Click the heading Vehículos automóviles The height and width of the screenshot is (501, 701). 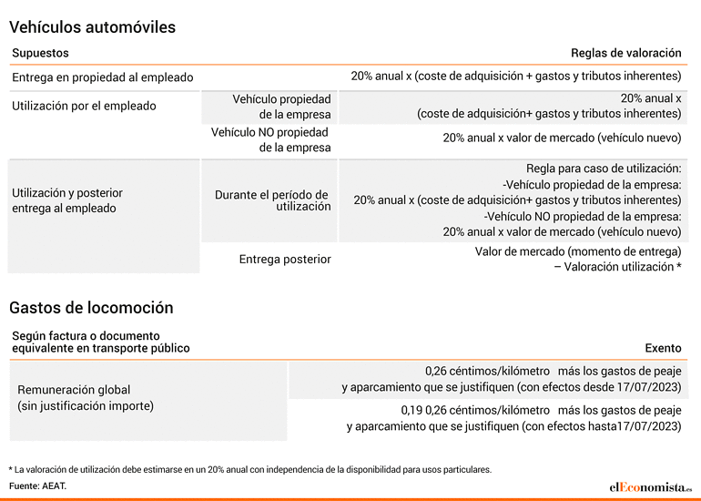point(92,27)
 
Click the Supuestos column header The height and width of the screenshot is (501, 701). point(40,53)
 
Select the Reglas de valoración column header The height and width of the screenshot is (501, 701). point(626,53)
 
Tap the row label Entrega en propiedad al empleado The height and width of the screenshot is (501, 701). point(102,77)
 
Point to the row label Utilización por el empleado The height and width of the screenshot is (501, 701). point(84,106)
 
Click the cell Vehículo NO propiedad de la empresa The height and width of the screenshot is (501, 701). point(271,139)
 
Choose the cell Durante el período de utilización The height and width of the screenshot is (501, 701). point(273,200)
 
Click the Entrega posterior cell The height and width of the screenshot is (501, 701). point(285,259)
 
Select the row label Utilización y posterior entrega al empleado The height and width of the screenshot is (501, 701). point(67,200)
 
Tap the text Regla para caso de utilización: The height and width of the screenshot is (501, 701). point(604,169)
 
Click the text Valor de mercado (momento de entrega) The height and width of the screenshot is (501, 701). point(578,251)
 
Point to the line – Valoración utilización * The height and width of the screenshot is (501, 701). point(618,267)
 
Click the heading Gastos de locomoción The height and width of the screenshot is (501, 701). point(91,308)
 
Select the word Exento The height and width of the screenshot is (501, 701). point(663,348)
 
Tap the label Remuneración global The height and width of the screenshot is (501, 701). point(74,390)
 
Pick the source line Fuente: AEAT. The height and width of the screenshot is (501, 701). point(37,486)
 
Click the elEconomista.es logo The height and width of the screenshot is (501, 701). point(651,486)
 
